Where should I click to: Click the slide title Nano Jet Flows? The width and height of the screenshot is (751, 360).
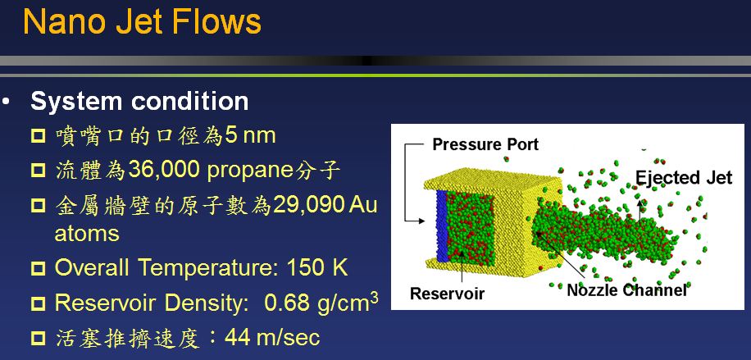coord(143,21)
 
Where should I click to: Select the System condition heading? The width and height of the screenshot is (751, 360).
coord(139,101)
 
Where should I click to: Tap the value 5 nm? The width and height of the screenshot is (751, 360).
coord(251,135)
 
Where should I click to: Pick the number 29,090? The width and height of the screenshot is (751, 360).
coord(308,205)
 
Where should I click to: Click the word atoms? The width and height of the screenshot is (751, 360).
coord(87,234)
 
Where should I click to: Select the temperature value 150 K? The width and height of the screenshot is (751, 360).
coord(317,267)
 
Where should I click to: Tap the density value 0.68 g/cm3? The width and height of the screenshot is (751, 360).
coord(321,302)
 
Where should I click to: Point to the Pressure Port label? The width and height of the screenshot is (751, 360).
coord(485,144)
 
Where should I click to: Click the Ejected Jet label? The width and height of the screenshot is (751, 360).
coord(684,178)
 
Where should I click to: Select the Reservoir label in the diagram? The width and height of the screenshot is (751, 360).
coord(448,293)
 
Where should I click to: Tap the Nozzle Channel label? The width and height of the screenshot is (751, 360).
coord(626,290)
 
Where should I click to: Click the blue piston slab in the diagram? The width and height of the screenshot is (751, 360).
coord(441,226)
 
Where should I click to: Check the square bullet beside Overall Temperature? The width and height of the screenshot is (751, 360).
coord(38,268)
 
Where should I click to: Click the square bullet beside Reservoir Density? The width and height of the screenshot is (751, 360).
coord(38,303)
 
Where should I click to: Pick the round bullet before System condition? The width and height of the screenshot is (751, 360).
coord(5,102)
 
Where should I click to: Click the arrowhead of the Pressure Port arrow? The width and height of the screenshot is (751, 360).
coord(421,221)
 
